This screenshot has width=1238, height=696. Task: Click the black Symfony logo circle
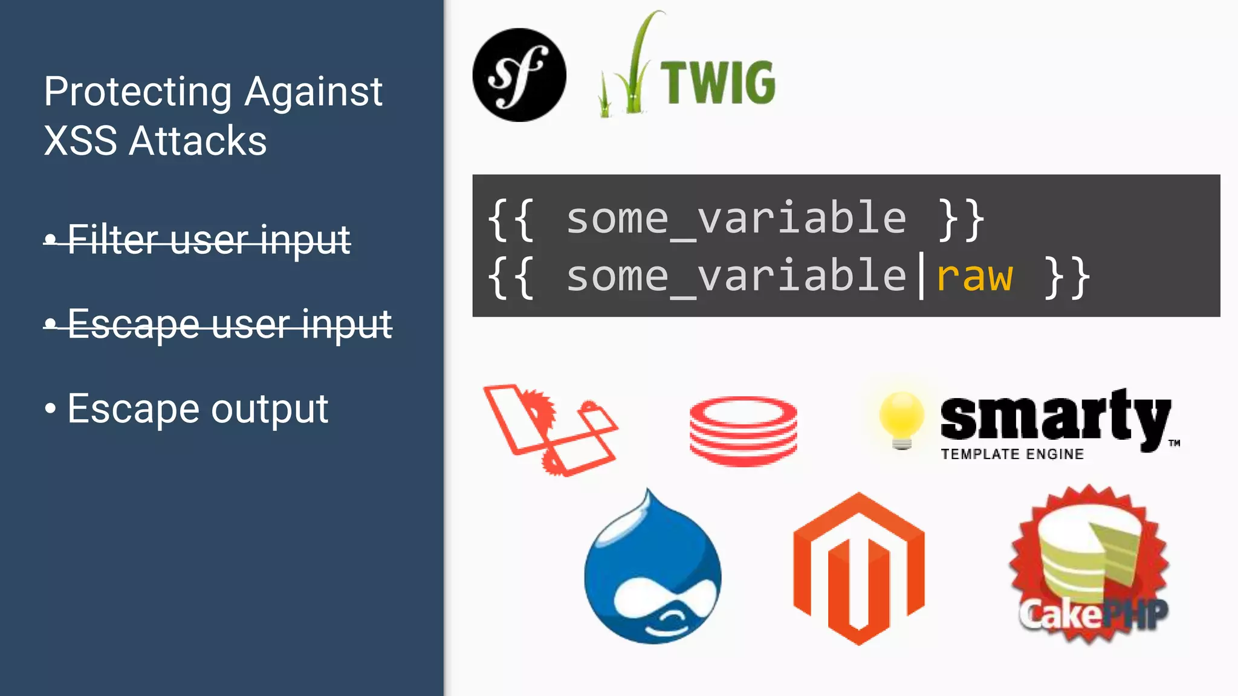519,75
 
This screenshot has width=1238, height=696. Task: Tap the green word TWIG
718,83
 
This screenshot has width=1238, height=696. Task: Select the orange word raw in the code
974,277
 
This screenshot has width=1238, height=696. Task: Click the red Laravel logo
549,430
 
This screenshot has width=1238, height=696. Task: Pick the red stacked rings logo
743,431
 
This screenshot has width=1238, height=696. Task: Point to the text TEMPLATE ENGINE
1012,454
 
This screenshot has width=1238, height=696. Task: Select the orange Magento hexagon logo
858,569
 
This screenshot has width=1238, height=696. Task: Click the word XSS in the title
80,141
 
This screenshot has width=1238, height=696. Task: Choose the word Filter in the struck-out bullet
114,239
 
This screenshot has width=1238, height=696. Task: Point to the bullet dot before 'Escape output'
50,409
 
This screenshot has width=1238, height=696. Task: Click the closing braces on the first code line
962,219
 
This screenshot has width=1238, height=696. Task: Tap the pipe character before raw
921,277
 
